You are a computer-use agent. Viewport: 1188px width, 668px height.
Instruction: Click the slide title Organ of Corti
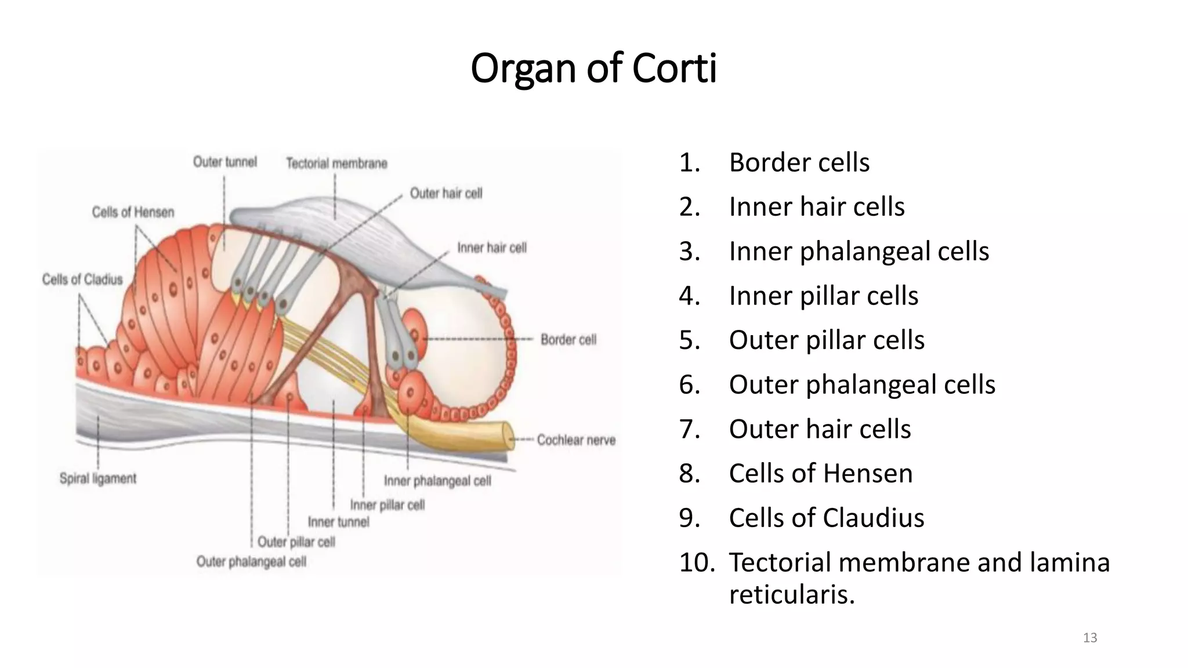[x=593, y=68]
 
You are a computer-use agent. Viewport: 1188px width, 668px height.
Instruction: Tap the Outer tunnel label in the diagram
[x=225, y=162]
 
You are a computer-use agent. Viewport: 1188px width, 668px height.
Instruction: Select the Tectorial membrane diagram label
[x=336, y=164]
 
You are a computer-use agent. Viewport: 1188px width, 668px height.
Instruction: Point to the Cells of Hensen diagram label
[x=133, y=212]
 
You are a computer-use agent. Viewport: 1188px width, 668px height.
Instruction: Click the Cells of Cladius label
[x=82, y=279]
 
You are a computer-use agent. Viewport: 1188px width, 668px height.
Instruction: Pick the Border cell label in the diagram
[x=568, y=339]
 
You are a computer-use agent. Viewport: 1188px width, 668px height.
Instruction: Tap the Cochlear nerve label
[x=575, y=440]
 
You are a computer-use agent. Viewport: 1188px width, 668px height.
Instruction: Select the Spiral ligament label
[x=98, y=478]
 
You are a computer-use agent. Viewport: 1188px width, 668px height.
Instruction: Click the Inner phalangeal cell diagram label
[x=437, y=481]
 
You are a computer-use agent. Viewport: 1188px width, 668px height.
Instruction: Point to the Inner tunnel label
[x=338, y=522]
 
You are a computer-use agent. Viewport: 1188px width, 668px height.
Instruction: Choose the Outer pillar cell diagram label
[x=296, y=542]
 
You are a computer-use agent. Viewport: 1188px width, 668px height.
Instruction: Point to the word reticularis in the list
[x=792, y=595]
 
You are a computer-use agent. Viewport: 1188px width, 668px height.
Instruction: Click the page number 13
[x=1090, y=638]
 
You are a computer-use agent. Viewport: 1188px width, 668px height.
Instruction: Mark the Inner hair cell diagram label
[x=491, y=248]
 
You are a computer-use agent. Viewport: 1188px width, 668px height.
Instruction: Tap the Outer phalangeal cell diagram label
[x=251, y=561]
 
